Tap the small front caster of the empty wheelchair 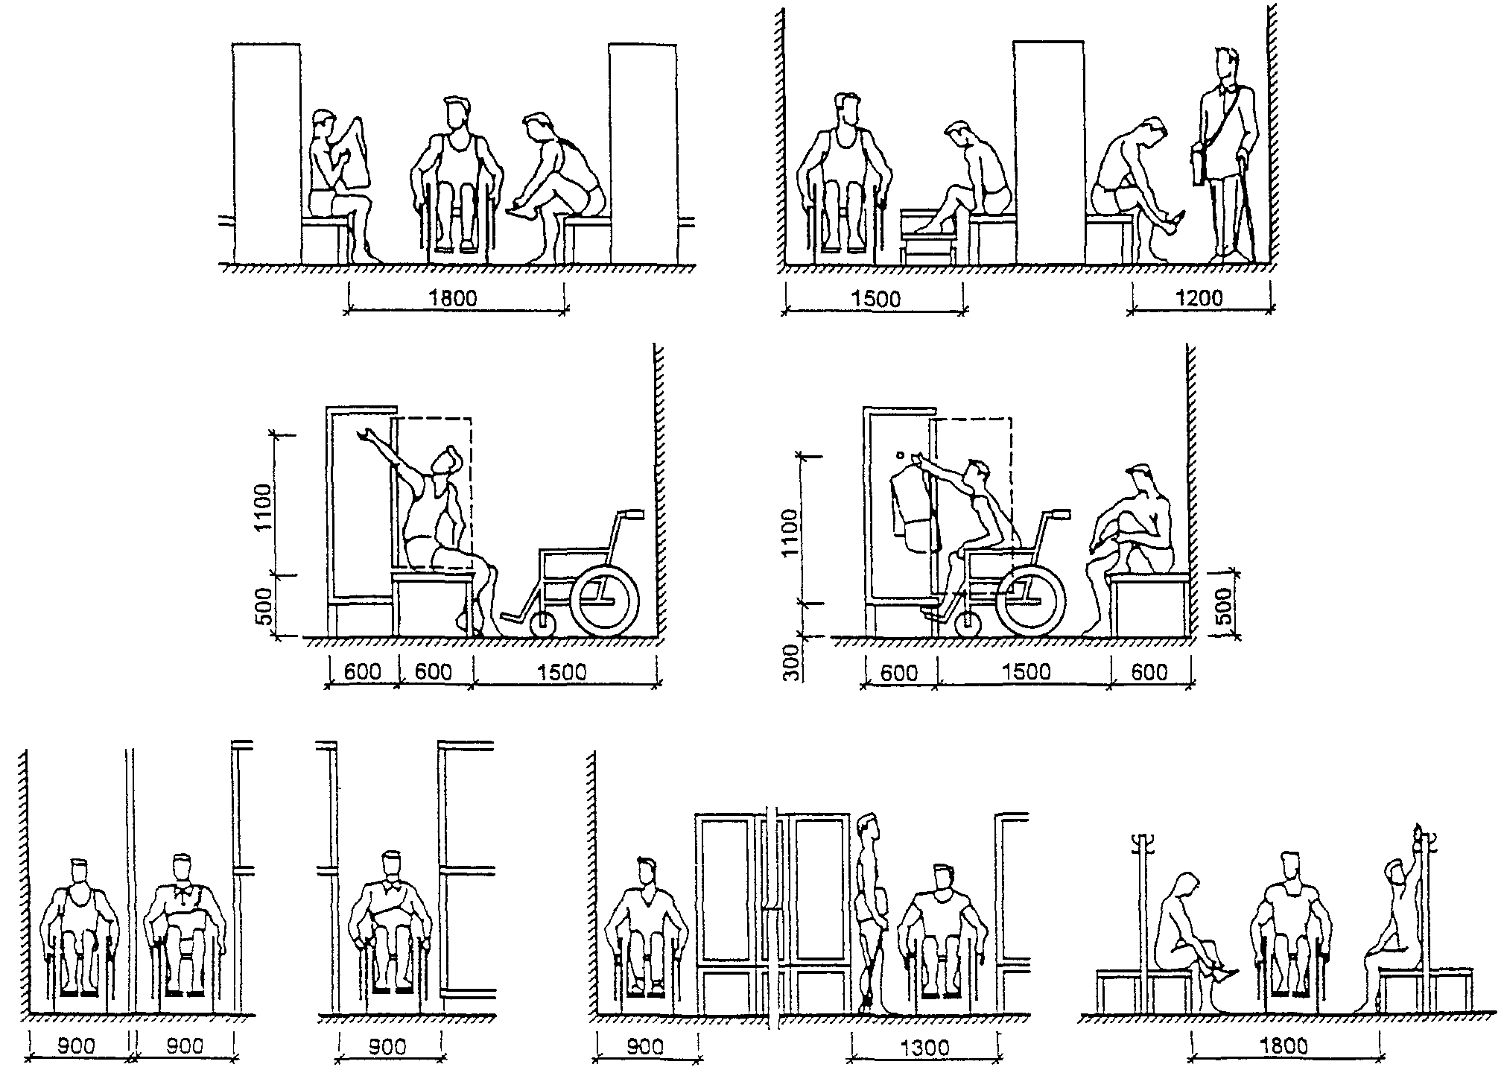(543, 624)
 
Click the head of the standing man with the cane (1225, 66)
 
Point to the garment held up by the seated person (359, 153)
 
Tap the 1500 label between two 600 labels (1025, 672)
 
